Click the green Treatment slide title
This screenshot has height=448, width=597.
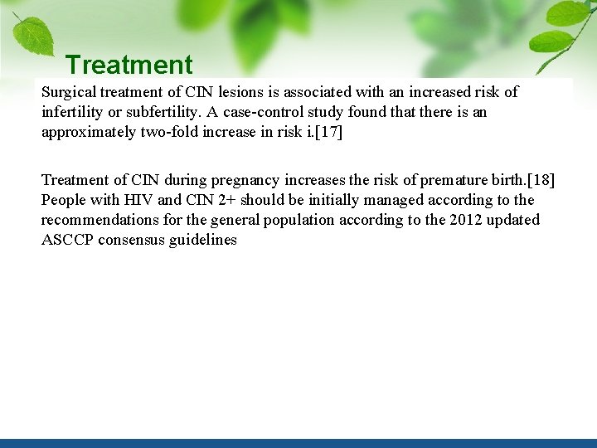click(129, 64)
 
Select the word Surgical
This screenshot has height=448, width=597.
click(69, 92)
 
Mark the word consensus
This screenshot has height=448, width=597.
click(134, 240)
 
